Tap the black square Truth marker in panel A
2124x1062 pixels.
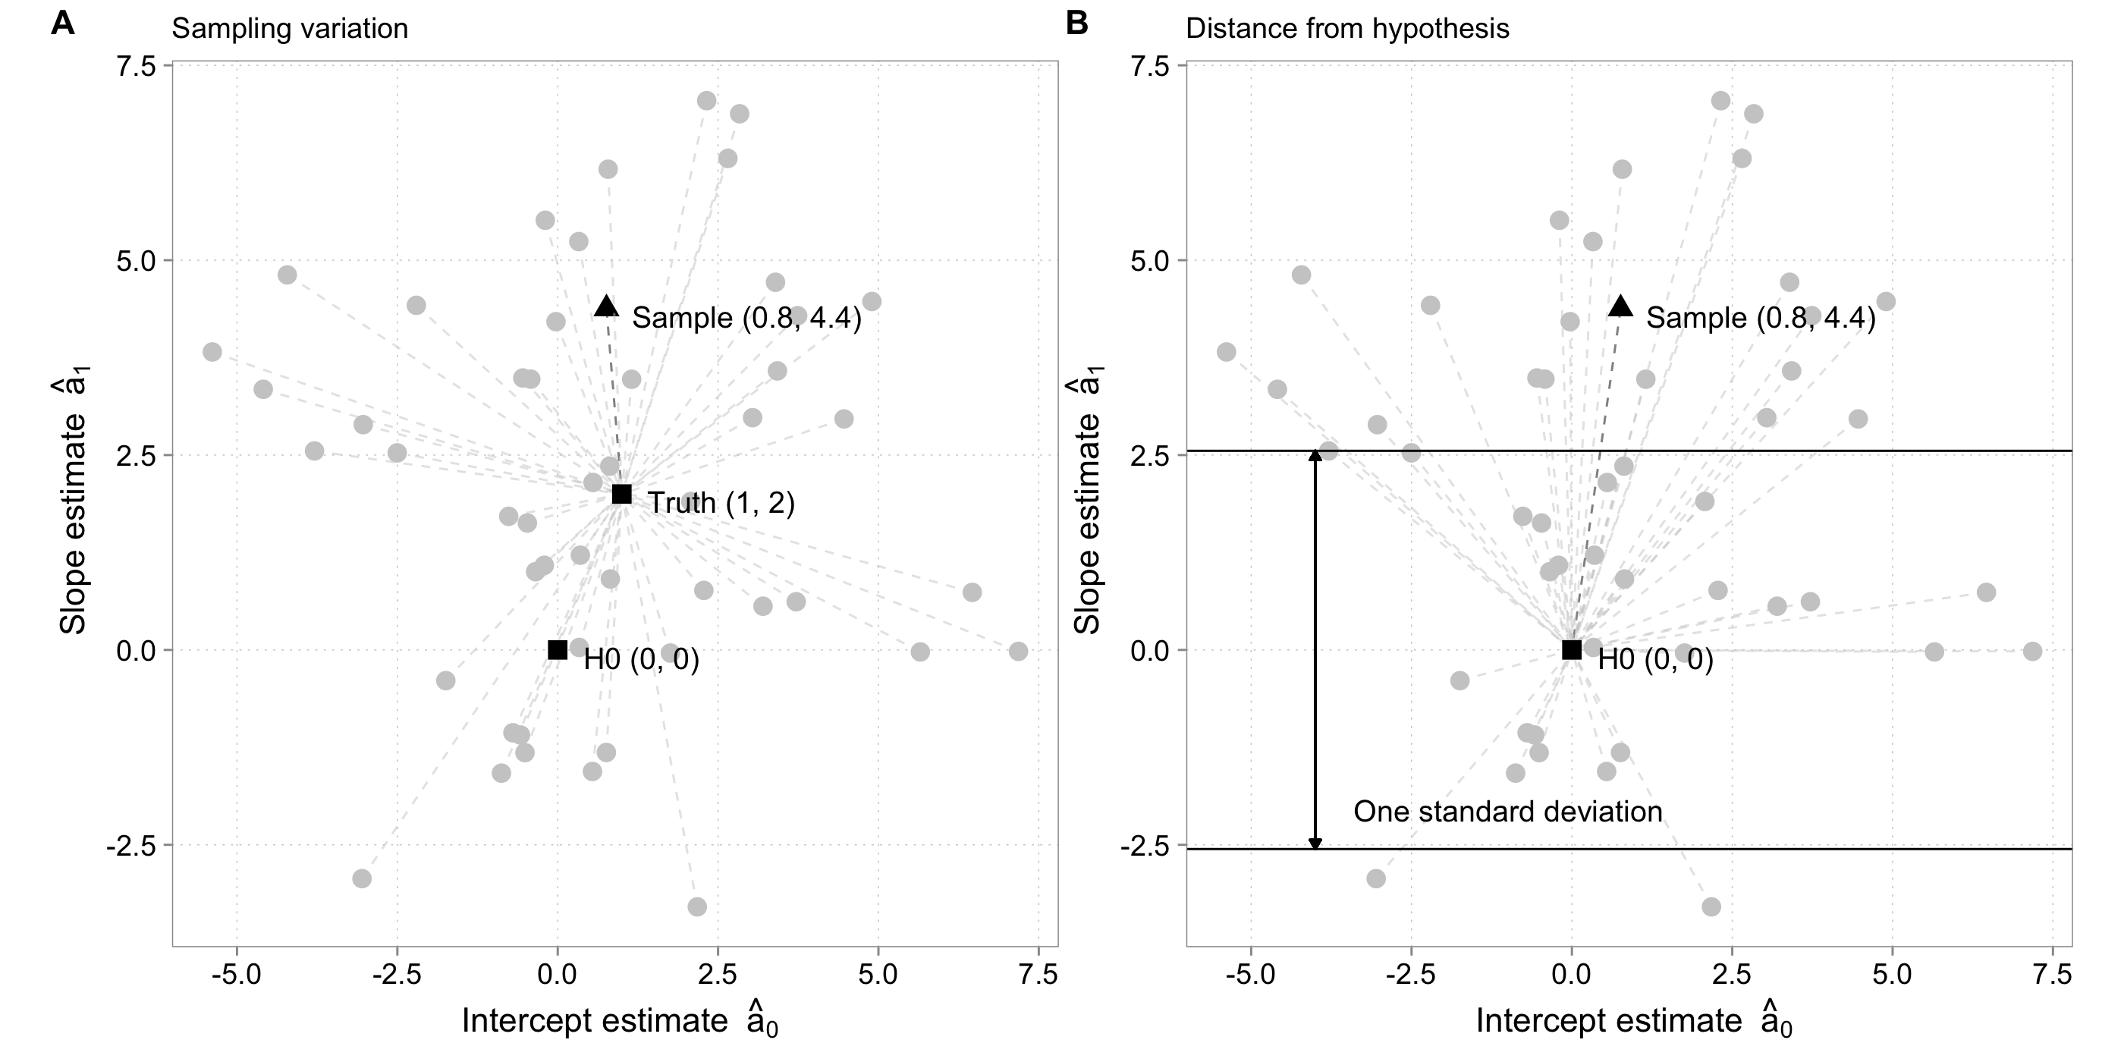click(x=622, y=494)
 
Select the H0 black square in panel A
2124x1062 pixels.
click(x=558, y=650)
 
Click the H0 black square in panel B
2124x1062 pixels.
click(x=1572, y=650)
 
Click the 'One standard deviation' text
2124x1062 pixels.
click(x=1507, y=812)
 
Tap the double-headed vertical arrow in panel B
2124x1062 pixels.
click(x=1315, y=652)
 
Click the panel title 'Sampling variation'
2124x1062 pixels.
click(x=290, y=29)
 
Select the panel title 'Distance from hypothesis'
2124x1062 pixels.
click(x=1347, y=29)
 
